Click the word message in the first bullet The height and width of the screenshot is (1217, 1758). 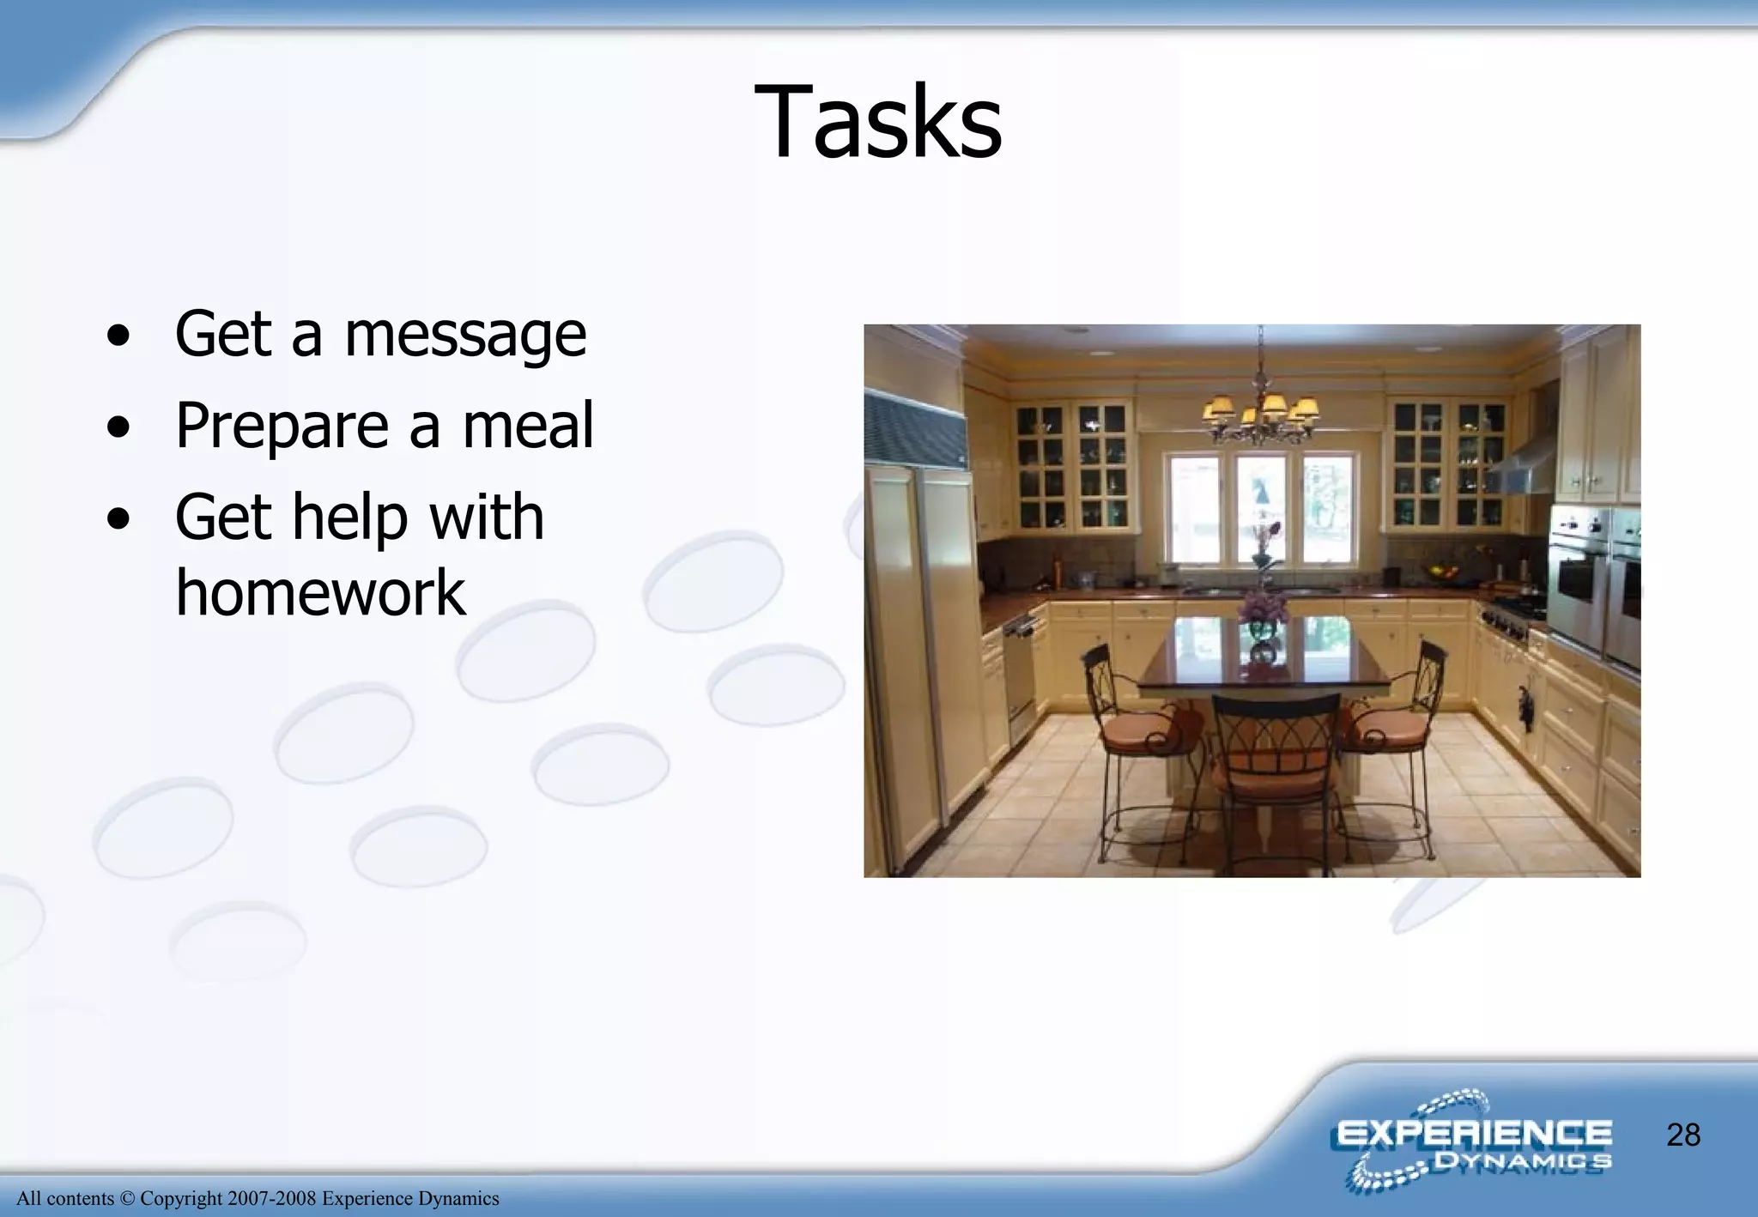pos(465,335)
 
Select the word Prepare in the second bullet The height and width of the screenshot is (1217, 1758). pos(282,426)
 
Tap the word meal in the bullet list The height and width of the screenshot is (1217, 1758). pos(527,426)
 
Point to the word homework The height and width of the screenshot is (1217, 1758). pos(320,592)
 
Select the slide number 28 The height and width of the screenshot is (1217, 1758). pos(1683,1135)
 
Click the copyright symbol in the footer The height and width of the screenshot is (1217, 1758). pos(127,1199)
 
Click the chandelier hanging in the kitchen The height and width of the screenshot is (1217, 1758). pos(1259,412)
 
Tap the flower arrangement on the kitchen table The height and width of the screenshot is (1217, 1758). pos(1262,601)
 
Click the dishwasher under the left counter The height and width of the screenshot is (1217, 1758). pos(1021,678)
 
